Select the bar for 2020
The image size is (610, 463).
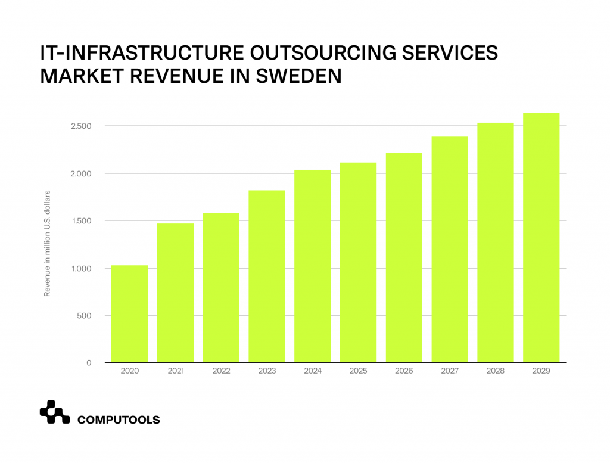pos(129,314)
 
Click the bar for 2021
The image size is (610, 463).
pos(175,293)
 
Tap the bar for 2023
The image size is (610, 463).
pos(267,276)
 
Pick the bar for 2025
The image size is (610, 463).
pos(358,263)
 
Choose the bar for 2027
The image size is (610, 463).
pos(450,250)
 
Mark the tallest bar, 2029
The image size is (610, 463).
pos(541,238)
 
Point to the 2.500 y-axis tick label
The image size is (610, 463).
pos(79,126)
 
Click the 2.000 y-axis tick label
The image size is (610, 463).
pos(79,174)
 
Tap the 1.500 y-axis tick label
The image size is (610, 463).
pos(79,221)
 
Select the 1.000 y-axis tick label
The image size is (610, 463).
pos(79,269)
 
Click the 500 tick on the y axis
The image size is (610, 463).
pos(83,316)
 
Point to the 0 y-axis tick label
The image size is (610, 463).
pos(89,363)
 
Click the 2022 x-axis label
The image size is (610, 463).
pos(221,371)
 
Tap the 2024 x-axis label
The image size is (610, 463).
pos(313,371)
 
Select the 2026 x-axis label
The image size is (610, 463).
pos(404,371)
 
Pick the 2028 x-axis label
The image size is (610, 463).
pos(496,371)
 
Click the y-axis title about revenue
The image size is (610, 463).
pos(47,244)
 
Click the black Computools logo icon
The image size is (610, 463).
pos(55,412)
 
